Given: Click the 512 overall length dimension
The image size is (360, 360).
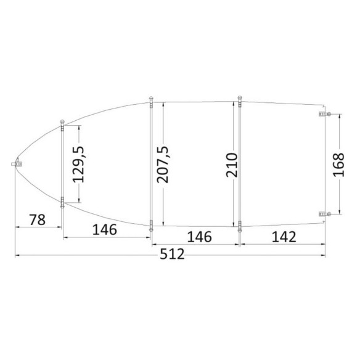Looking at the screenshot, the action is [x=172, y=254].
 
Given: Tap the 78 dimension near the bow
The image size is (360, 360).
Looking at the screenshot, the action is [x=38, y=219].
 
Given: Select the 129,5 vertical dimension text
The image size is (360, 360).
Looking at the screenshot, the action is [x=78, y=164].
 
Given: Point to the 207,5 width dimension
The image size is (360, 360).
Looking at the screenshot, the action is [x=163, y=165].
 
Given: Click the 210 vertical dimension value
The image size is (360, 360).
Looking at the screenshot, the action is [x=231, y=165].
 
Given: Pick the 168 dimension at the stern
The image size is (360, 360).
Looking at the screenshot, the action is [x=338, y=165].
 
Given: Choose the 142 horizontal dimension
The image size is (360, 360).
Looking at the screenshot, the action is [x=284, y=237].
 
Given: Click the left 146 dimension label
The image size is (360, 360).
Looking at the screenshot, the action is [x=104, y=229].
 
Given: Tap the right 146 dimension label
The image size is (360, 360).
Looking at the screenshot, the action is [x=200, y=237].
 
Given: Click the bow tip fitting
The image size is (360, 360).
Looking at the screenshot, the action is [x=17, y=163].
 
